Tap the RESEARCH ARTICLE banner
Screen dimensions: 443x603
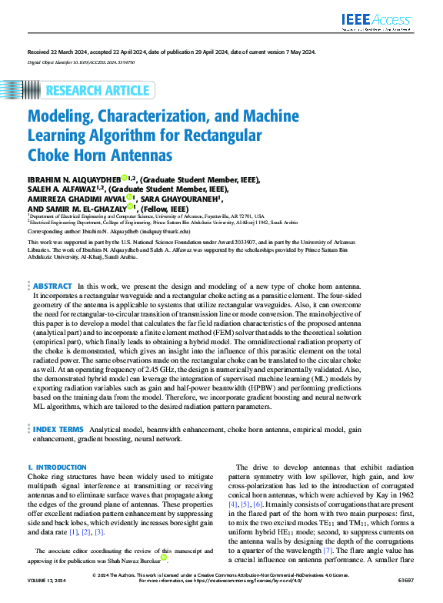point(97,91)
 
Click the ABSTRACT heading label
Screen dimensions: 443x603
point(53,263)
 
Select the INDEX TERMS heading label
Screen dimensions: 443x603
point(58,427)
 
